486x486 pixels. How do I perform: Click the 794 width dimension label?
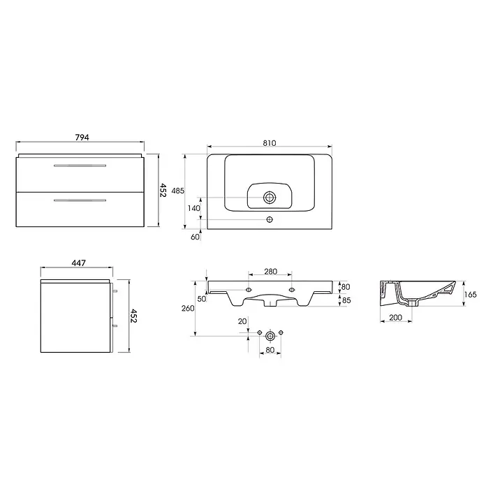(x=82, y=137)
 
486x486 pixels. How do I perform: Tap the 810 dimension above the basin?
(x=270, y=143)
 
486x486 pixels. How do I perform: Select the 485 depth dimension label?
(x=178, y=191)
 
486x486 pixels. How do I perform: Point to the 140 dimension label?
(x=194, y=208)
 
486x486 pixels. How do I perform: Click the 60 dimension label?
(x=195, y=237)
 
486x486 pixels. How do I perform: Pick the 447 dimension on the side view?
(x=79, y=263)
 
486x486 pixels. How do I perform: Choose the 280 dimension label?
(x=271, y=272)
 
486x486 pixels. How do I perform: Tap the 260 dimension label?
(x=188, y=308)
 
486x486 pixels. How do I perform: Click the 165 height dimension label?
(x=471, y=294)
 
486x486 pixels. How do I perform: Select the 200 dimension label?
(x=395, y=318)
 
